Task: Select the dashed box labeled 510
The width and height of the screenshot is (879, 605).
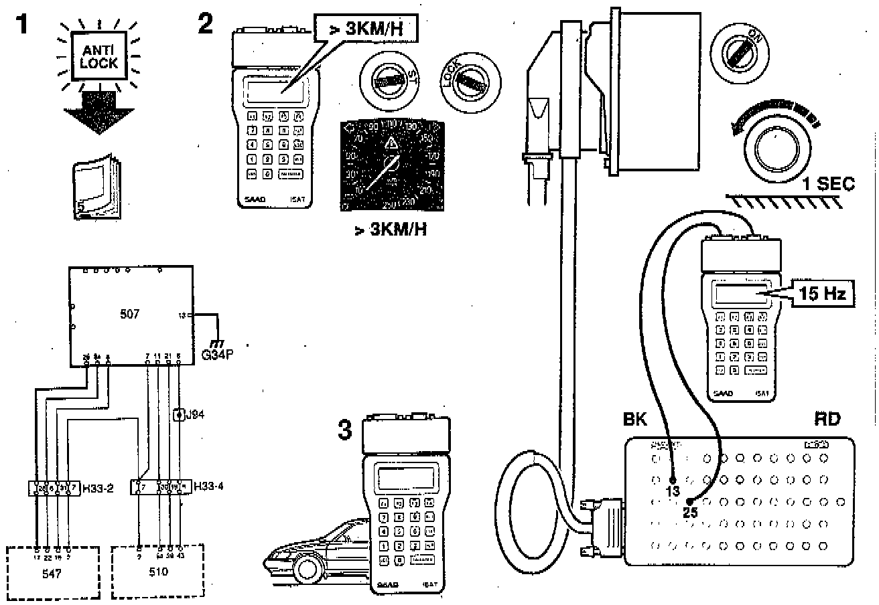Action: coord(158,572)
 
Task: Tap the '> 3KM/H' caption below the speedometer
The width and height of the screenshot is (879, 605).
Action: coord(391,231)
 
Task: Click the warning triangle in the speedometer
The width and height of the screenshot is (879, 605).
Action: coord(391,143)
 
